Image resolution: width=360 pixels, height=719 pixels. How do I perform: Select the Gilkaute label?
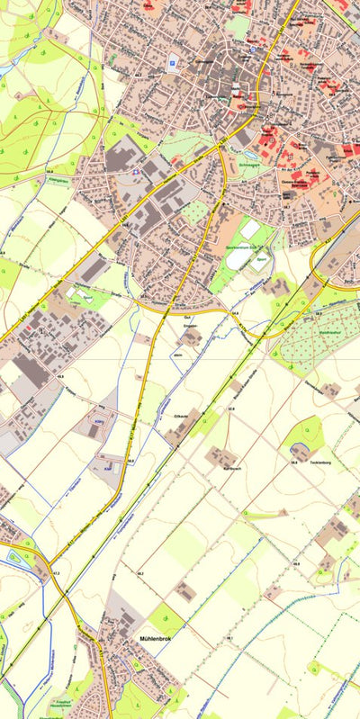(178, 418)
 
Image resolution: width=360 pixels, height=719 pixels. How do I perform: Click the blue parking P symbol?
(172, 62)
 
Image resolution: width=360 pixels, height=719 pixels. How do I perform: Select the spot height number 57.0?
(231, 410)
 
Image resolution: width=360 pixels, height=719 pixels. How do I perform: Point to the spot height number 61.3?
(56, 573)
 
